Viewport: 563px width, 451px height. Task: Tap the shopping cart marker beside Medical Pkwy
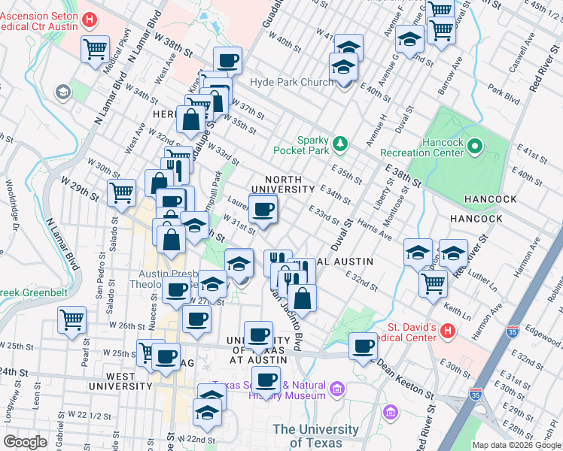click(x=96, y=50)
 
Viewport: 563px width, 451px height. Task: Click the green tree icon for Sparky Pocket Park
click(x=340, y=142)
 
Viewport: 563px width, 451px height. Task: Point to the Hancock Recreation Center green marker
click(x=475, y=146)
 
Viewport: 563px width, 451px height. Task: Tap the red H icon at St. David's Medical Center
click(x=448, y=329)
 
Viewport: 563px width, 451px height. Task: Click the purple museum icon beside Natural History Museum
click(x=336, y=389)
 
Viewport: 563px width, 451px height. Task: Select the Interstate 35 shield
click(x=475, y=393)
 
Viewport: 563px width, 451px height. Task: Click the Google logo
click(x=25, y=441)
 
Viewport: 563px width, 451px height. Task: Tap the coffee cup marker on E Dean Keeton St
click(x=364, y=347)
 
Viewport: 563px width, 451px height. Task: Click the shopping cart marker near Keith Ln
click(x=434, y=283)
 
